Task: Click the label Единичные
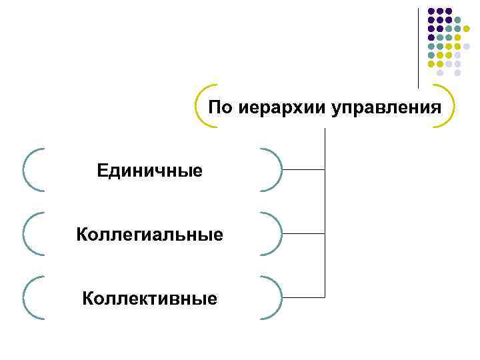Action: tap(149, 171)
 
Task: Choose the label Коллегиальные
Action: tap(149, 235)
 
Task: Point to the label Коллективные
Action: tap(149, 298)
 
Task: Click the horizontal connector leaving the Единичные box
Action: tap(303, 170)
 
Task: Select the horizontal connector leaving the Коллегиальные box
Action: tap(303, 234)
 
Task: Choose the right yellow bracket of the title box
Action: tap(453, 107)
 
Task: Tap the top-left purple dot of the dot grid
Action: tap(431, 11)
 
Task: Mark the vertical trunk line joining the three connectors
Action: tap(325, 213)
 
